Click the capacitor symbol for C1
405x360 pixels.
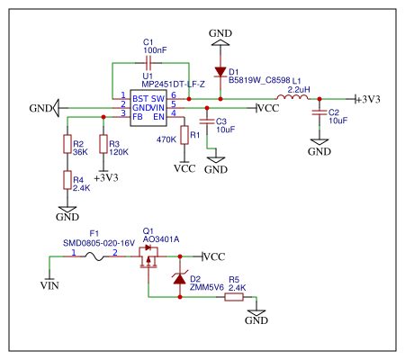148,63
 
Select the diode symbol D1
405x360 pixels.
220,72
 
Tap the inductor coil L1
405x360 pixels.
292,97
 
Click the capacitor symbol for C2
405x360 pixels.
319,112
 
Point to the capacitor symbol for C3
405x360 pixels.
207,121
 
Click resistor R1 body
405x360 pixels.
184,135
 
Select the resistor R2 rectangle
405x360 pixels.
67,144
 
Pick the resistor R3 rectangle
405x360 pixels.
103,144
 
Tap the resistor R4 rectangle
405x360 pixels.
67,180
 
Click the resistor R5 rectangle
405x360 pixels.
234,297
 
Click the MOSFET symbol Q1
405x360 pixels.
148,257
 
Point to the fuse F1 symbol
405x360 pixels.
94,256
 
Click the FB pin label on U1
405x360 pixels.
138,117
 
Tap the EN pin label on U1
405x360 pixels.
158,117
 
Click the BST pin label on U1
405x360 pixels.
140,99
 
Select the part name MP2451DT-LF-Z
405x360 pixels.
173,85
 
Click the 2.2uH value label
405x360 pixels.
299,89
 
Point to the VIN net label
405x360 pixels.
49,285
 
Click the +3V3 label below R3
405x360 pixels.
106,178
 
